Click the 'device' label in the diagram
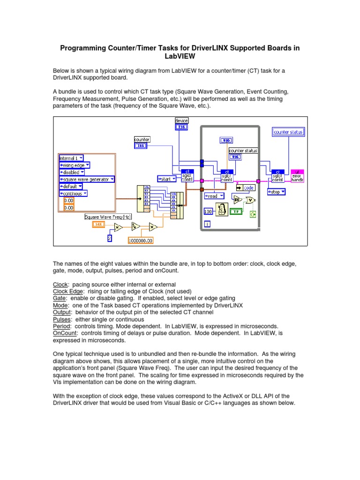click(x=181, y=121)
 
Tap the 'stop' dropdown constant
click(x=277, y=192)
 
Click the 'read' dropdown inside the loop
click(x=214, y=196)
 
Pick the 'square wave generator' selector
click(x=87, y=179)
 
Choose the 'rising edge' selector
click(x=75, y=165)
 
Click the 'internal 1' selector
click(x=72, y=158)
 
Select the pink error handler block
click(x=297, y=176)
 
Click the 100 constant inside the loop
click(x=208, y=212)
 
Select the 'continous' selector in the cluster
click(x=73, y=193)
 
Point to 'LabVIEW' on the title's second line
click(x=180, y=56)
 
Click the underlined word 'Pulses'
click(x=62, y=319)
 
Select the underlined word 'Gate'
click(x=60, y=298)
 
